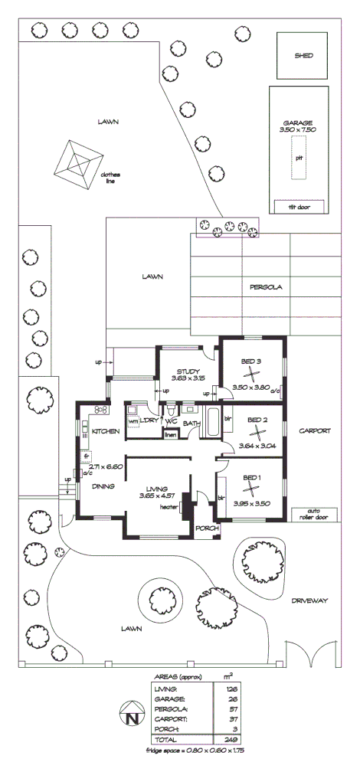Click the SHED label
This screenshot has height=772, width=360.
coord(303,56)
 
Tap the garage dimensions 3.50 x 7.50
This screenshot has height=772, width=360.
coord(299,130)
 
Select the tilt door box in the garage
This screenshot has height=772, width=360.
coord(299,207)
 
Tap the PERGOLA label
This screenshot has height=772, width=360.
coord(266,287)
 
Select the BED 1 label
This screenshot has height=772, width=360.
coord(252,479)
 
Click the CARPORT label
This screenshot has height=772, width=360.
coord(314,431)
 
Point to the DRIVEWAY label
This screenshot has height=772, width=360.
coord(309,601)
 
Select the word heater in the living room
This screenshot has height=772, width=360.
coord(169,505)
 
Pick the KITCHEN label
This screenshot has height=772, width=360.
coord(106,432)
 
